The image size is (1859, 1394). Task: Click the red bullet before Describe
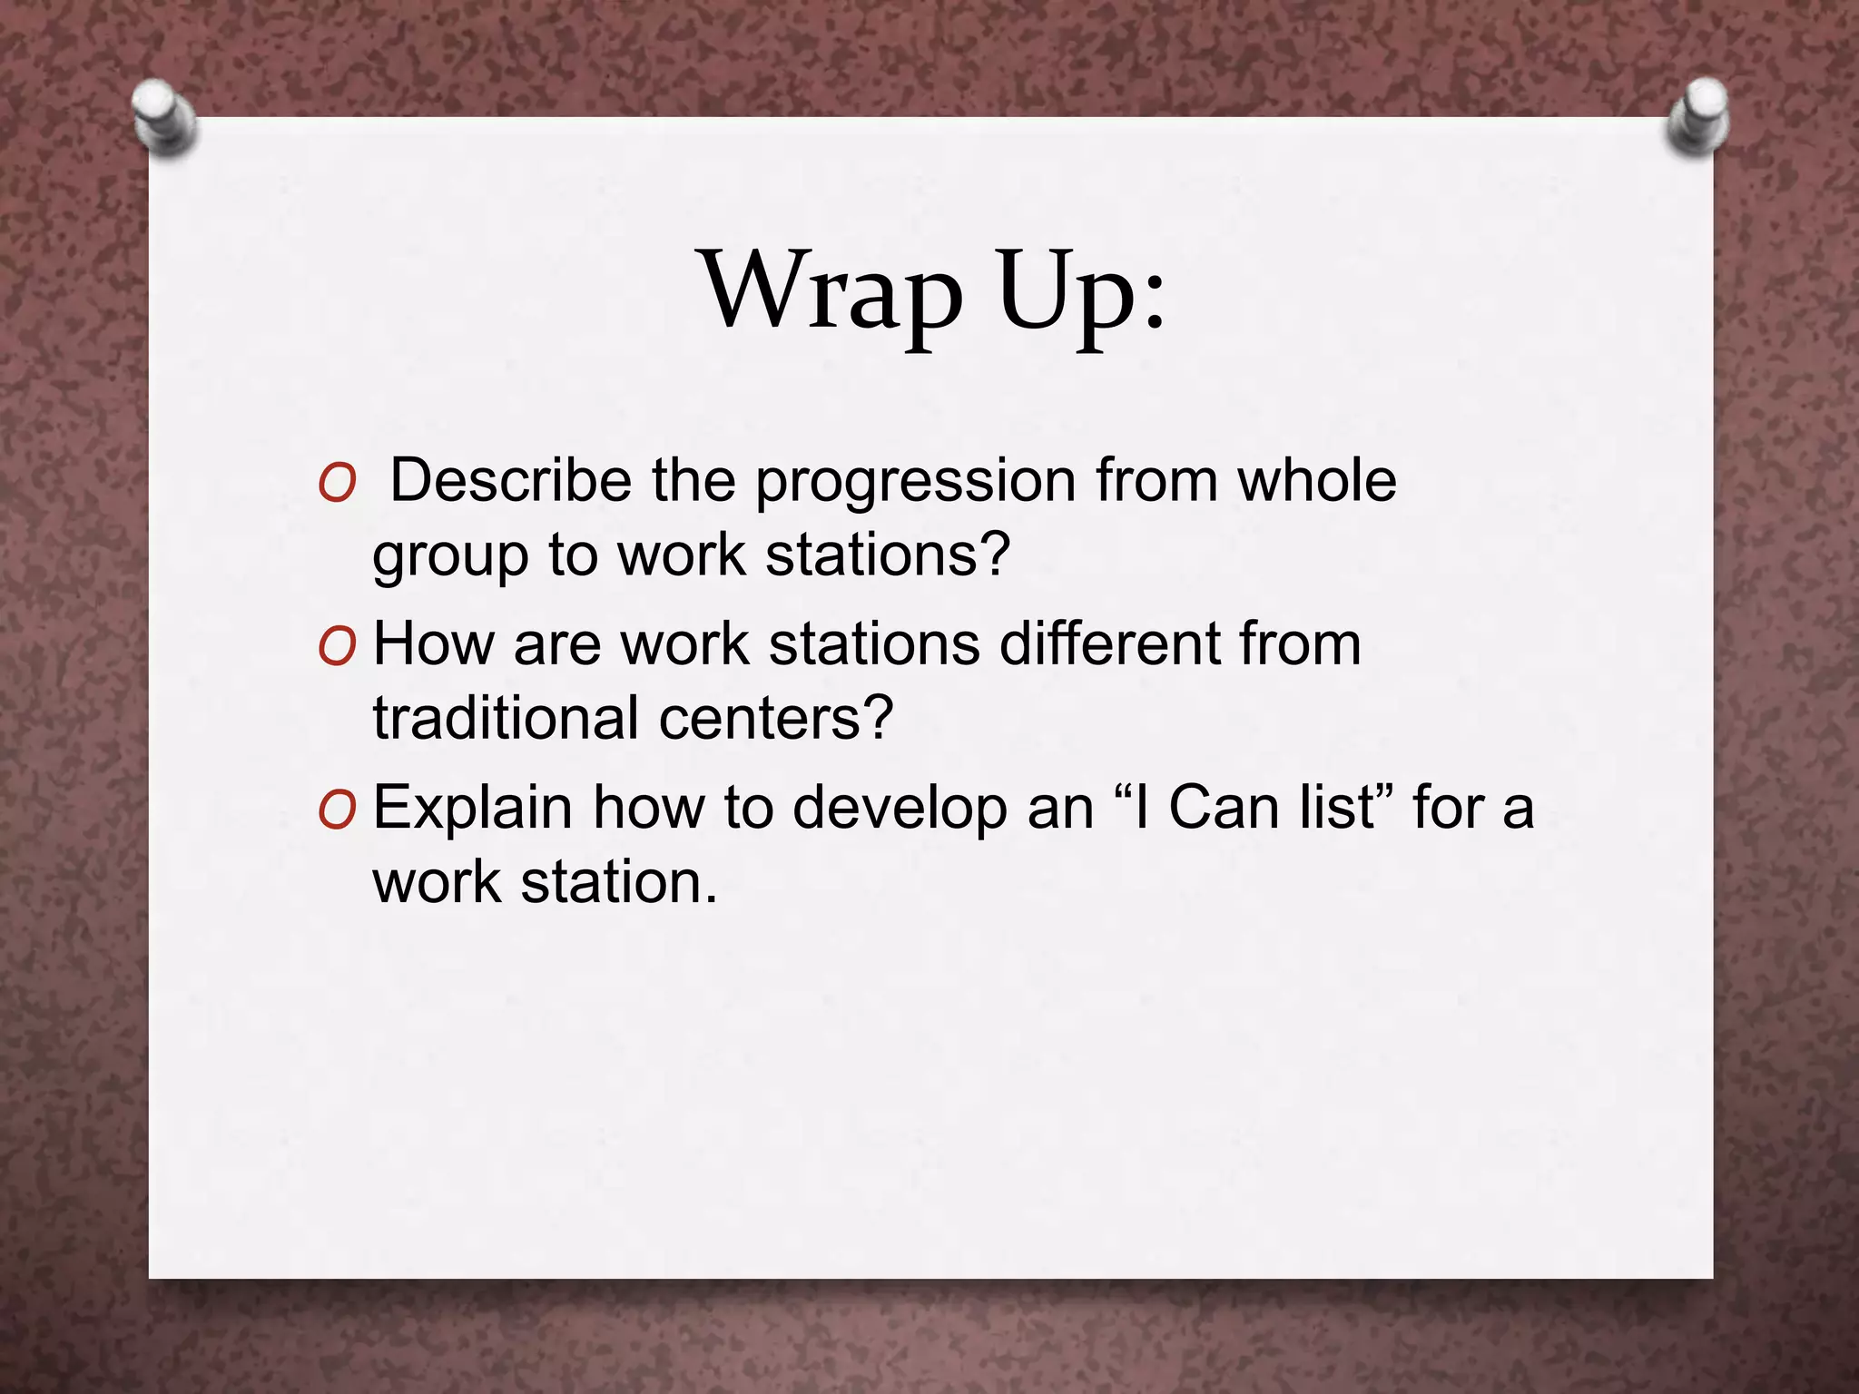point(337,485)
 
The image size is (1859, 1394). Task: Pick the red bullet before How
point(337,647)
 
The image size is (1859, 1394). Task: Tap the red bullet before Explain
point(337,810)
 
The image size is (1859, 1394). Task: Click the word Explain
point(472,808)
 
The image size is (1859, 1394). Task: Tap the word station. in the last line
point(618,881)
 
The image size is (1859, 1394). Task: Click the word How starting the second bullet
point(433,643)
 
